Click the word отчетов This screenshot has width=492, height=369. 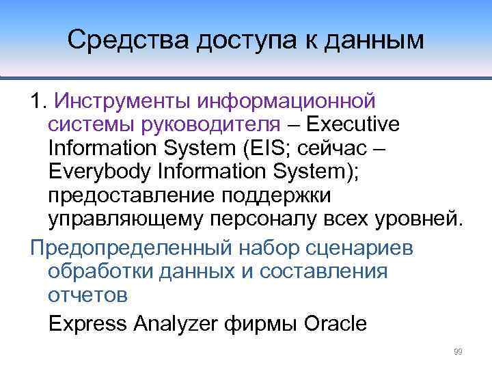[x=87, y=295]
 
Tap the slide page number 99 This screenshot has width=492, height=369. [x=458, y=352]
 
